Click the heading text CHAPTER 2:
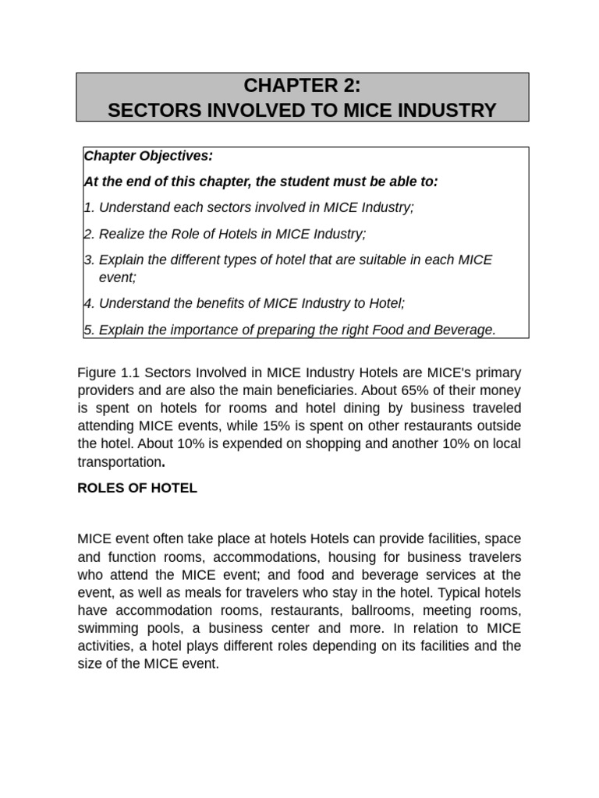point(302,85)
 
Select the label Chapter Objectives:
point(148,156)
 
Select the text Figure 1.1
point(109,372)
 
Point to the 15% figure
point(365,425)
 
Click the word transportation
point(119,461)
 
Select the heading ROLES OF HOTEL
point(137,489)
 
